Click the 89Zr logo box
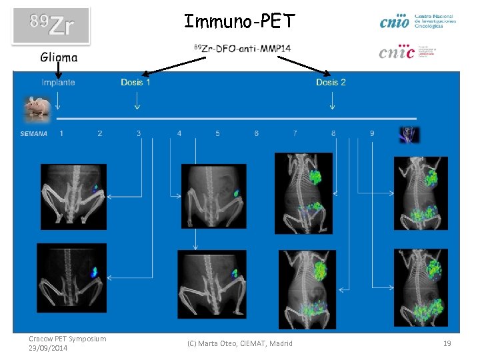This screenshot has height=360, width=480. pos(51,26)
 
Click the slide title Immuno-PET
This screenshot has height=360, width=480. pos(239,22)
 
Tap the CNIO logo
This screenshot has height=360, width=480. pos(417,21)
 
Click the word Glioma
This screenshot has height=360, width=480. pos(59,57)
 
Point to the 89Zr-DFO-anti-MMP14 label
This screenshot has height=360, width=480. pos(241,49)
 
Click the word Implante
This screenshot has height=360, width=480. pos(58,83)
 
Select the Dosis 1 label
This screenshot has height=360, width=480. pos(135,83)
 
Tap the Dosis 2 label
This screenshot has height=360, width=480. pos(331,83)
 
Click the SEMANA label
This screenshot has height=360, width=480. pos(34,134)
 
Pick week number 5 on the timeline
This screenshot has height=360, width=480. pos(217,133)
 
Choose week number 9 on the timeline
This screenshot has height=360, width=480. pos(371,133)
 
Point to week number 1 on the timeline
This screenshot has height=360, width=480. pos(61,133)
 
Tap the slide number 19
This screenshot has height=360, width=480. pos(447,343)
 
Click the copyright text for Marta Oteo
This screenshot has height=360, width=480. pos(239,343)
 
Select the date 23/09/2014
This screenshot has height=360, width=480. pos(49,348)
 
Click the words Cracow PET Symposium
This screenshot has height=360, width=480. pos(67,339)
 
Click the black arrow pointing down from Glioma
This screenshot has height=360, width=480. pos(58,68)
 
